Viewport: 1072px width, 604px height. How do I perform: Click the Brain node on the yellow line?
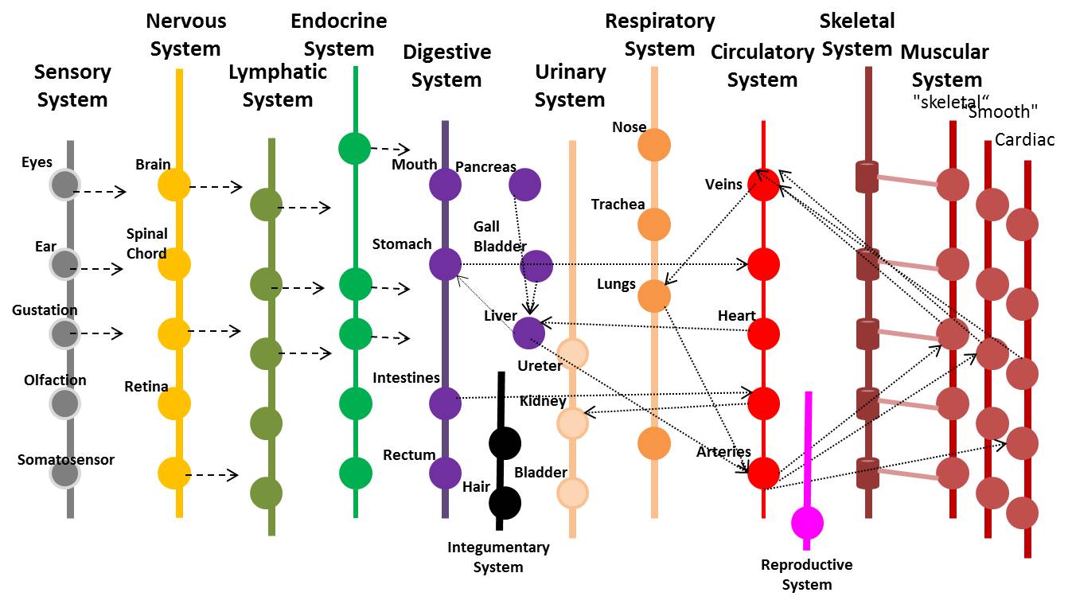[173, 185]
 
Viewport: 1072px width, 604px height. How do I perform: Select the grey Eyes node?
[64, 185]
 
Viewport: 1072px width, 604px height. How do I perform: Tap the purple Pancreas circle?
[524, 185]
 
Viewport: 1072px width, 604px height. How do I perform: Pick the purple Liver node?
[528, 332]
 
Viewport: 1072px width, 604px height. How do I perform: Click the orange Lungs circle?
[654, 295]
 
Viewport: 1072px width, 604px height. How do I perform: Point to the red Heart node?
[763, 333]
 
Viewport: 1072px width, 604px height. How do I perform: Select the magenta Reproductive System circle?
[807, 523]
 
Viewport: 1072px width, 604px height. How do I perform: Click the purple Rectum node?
[445, 473]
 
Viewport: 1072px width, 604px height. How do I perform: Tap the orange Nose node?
[654, 145]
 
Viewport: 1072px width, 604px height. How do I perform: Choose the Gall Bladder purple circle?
[536, 267]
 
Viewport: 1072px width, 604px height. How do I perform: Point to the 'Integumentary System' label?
[498, 557]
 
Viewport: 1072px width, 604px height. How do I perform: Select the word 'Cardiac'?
[1024, 140]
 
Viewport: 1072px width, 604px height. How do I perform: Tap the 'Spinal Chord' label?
[146, 244]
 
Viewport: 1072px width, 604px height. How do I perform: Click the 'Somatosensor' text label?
[66, 460]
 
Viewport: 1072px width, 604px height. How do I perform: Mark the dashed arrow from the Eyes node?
[99, 192]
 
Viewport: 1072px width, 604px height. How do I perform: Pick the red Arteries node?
[763, 473]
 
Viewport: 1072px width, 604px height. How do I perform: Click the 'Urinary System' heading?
[570, 86]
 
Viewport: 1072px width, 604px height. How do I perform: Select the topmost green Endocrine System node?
[354, 148]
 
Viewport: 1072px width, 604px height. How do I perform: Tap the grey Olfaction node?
[64, 403]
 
